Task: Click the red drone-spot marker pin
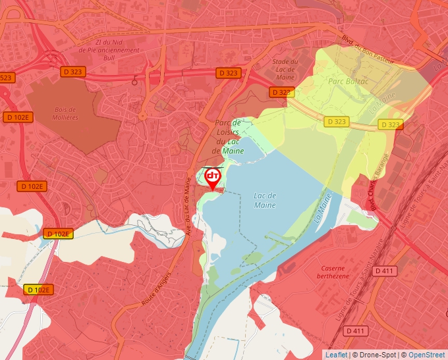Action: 213,178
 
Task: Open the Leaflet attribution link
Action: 336,355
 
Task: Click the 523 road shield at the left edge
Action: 6,78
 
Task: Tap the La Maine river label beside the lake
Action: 323,211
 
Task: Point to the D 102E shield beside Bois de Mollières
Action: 17,117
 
